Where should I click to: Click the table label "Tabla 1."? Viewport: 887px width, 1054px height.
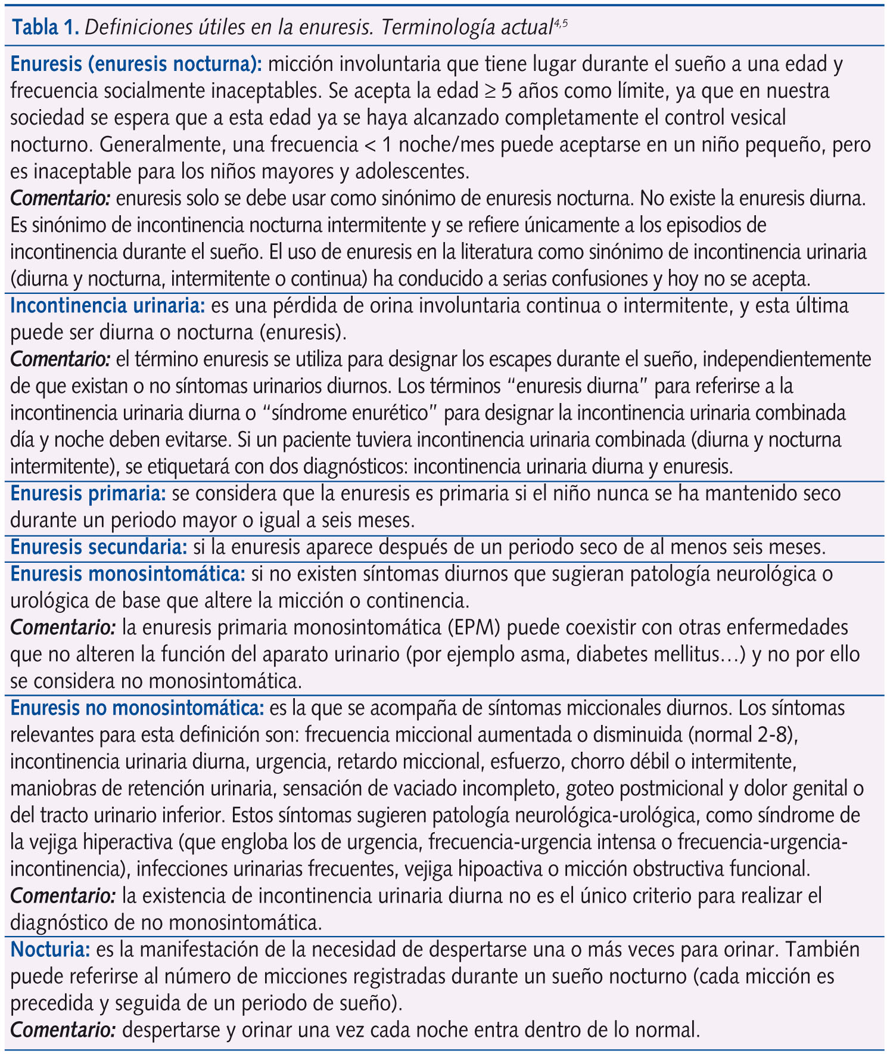click(x=46, y=27)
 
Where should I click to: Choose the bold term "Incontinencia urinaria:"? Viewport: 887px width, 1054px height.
click(x=107, y=306)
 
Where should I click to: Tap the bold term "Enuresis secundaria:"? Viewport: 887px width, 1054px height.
click(x=99, y=547)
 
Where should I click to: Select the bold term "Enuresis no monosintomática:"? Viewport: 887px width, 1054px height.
click(x=137, y=708)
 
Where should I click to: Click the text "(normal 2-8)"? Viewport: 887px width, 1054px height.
click(x=739, y=735)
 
